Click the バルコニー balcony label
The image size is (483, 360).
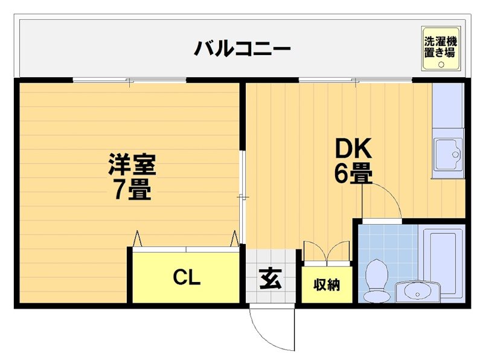coord(242,47)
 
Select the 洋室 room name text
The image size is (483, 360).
coord(132,165)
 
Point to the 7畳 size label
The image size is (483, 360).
coord(132,190)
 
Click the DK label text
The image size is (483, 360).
coord(352,148)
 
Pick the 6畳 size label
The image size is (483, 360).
coord(353,174)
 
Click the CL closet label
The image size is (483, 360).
coord(186,278)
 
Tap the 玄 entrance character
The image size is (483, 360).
coord(269,279)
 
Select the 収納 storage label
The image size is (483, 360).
coord(326,284)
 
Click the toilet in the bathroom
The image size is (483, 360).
coord(379,281)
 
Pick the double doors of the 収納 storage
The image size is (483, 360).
coord(326,251)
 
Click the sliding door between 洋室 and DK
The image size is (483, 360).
coord(241,196)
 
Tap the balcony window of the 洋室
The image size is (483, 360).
coord(130,80)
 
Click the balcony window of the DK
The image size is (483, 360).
coord(356,80)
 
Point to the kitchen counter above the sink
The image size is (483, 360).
coord(447,109)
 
